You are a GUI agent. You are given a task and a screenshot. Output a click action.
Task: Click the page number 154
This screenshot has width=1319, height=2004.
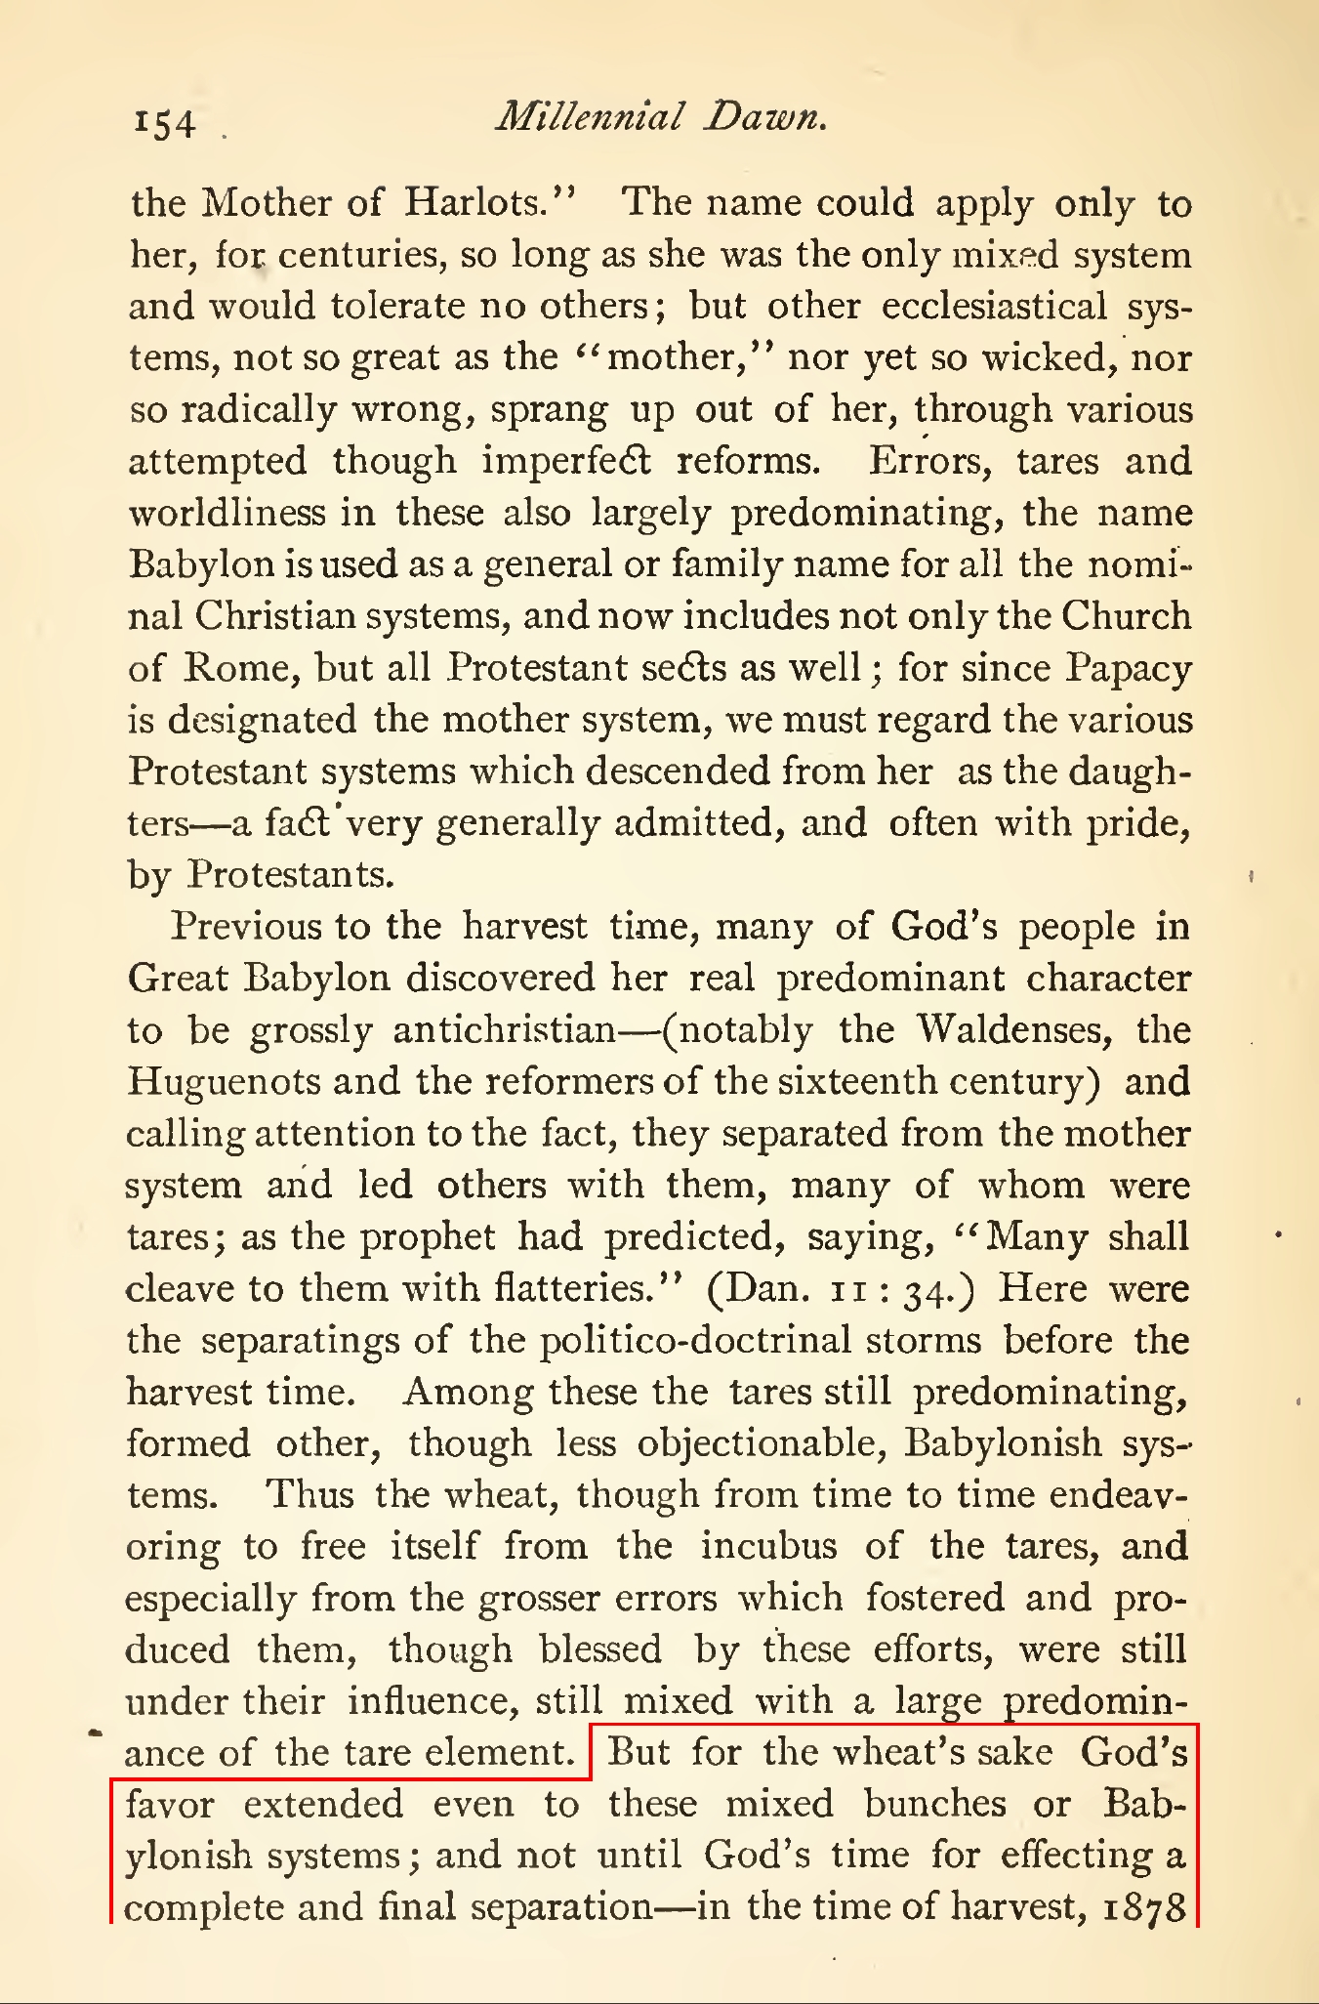point(165,123)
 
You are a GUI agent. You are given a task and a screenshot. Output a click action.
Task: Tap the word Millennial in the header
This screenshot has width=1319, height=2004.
point(589,117)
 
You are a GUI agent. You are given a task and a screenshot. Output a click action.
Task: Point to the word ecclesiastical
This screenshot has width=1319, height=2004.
point(994,307)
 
